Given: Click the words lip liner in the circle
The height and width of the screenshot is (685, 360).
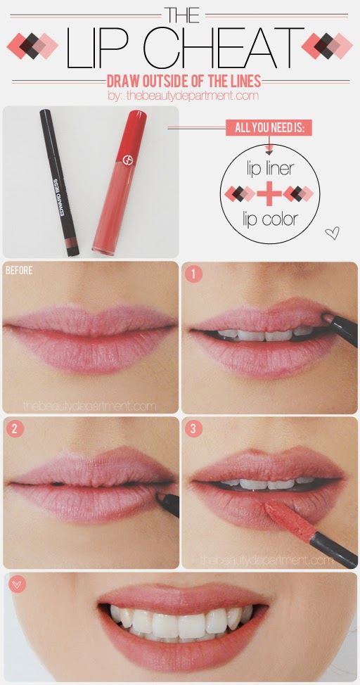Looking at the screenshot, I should point(269,169).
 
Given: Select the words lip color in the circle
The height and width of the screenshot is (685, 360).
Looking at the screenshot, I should point(269,219).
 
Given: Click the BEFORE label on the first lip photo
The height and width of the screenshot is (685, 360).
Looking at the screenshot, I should point(18,269).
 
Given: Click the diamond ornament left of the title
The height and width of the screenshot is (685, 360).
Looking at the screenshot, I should point(33,46).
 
